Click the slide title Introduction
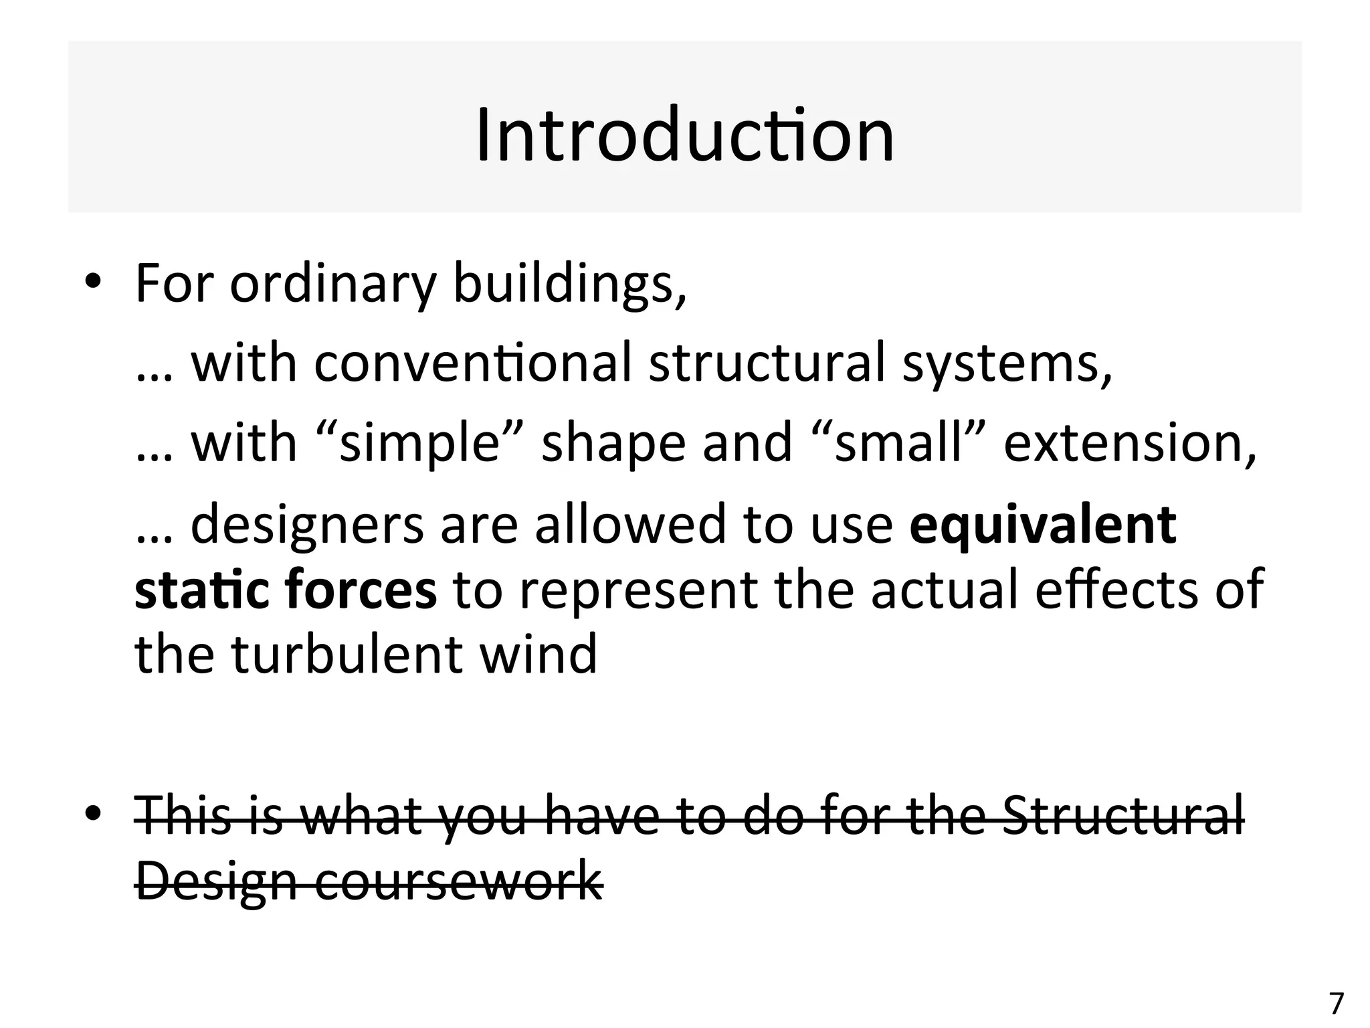click(x=684, y=135)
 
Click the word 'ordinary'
click(x=333, y=284)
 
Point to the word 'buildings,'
click(x=570, y=284)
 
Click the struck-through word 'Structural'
click(x=1124, y=815)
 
